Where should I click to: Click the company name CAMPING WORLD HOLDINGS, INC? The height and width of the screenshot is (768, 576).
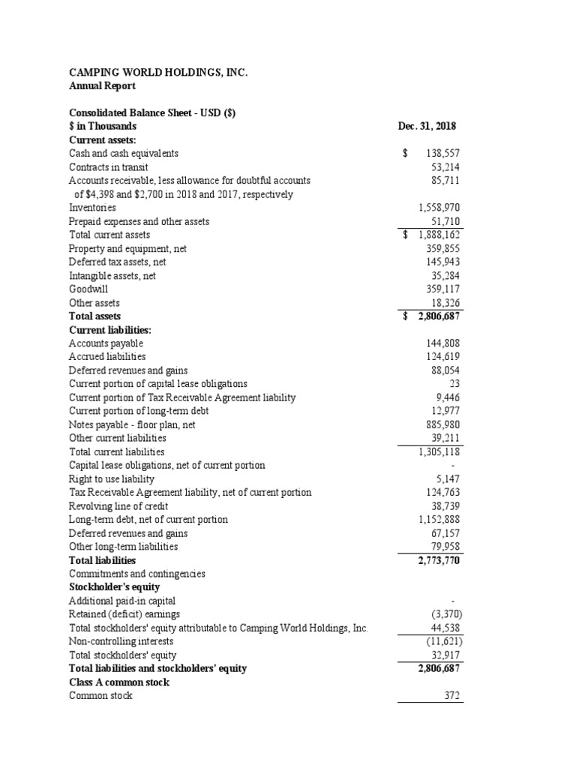pyautogui.click(x=157, y=73)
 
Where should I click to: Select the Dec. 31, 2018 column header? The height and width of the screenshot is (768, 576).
pyautogui.click(x=430, y=126)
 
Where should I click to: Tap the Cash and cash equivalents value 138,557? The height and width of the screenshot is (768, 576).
pyautogui.click(x=442, y=153)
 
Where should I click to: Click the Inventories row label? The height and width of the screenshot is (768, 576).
pyautogui.click(x=92, y=207)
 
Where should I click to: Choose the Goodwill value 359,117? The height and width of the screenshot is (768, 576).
pyautogui.click(x=442, y=288)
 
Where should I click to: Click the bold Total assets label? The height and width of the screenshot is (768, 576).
pyautogui.click(x=94, y=316)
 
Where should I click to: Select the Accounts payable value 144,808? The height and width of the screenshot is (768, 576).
pyautogui.click(x=442, y=343)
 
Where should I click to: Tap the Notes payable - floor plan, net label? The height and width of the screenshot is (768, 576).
pyautogui.click(x=132, y=424)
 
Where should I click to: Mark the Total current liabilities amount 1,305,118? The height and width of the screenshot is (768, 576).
pyautogui.click(x=439, y=451)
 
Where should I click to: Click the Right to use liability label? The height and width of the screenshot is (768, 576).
pyautogui.click(x=111, y=478)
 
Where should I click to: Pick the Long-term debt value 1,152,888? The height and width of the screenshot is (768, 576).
pyautogui.click(x=439, y=519)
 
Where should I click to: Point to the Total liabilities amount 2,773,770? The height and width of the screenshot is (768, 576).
pyautogui.click(x=439, y=559)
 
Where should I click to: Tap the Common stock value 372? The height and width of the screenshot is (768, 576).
pyautogui.click(x=451, y=695)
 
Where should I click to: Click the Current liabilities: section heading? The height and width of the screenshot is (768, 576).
pyautogui.click(x=108, y=329)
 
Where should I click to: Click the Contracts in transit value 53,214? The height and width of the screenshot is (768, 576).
pyautogui.click(x=445, y=166)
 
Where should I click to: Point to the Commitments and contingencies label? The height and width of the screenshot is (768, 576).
pyautogui.click(x=136, y=574)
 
